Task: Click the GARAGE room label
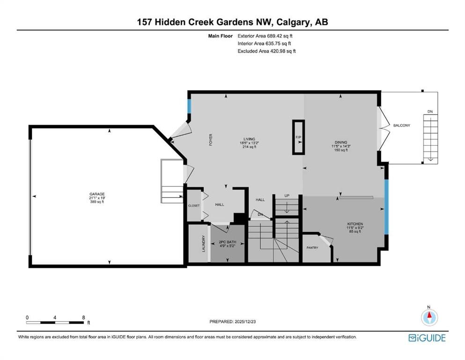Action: click(97, 194)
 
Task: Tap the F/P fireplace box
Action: click(298, 137)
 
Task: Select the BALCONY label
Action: click(402, 125)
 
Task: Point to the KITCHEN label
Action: click(355, 224)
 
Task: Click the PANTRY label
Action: click(312, 247)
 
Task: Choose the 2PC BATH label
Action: click(228, 242)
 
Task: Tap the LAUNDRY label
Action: click(204, 243)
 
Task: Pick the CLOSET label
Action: click(193, 206)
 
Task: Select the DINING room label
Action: click(340, 142)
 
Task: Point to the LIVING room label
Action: click(249, 139)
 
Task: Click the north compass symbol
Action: click(428, 318)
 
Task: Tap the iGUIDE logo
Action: click(427, 337)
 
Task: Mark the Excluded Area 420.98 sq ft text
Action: click(266, 51)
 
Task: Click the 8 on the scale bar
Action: click(83, 317)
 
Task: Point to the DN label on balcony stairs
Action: click(430, 112)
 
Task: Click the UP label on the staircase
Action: click(287, 195)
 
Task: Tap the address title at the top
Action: click(232, 22)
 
